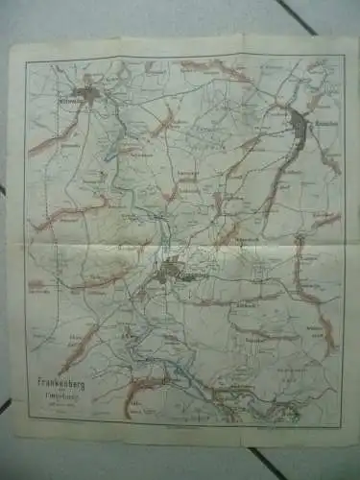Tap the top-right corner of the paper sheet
[347, 38]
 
